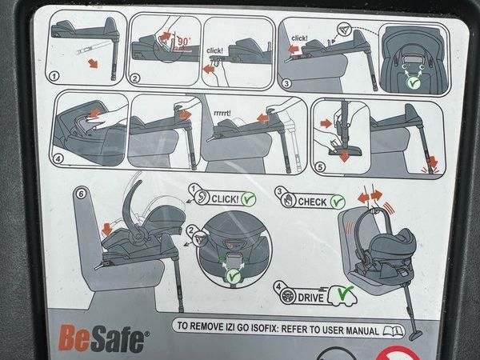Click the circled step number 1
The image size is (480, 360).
coord(54,76)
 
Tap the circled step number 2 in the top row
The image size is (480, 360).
coord(134,78)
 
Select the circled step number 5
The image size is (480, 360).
coord(320,167)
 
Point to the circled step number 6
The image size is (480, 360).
coord(81,194)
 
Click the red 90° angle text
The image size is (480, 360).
coord(183,41)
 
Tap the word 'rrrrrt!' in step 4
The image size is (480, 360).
coord(222,113)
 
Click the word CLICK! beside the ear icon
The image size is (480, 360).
coord(225,199)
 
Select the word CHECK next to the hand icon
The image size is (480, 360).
coord(312,202)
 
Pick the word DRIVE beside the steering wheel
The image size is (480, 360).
coord(310,298)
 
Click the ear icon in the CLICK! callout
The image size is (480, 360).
coord(202,197)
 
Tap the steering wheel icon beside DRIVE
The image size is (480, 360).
coord(287,296)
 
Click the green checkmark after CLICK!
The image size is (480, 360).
coord(249,198)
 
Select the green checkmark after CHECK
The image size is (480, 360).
coord(338,202)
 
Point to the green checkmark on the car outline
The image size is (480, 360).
coord(346,293)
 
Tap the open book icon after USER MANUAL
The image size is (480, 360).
coord(393,331)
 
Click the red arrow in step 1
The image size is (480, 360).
coord(93,63)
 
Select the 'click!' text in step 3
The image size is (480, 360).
coord(299,38)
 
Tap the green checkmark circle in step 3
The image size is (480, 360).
coord(413,82)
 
